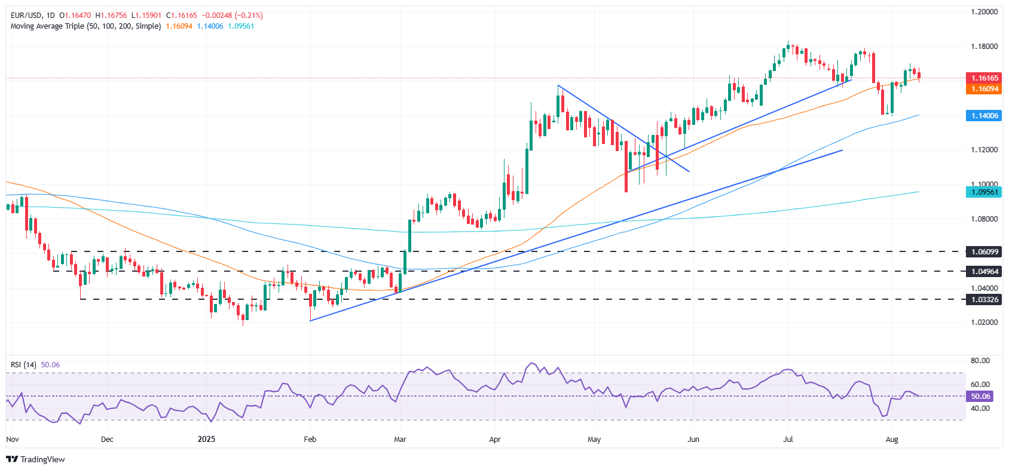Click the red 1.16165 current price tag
(x=984, y=78)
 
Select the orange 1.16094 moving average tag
(x=984, y=89)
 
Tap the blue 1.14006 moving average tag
(x=984, y=116)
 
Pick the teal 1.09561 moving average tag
(x=984, y=192)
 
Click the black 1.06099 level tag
(x=984, y=252)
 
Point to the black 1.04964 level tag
(x=984, y=272)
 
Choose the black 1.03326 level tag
(x=984, y=299)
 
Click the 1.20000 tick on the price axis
(x=984, y=12)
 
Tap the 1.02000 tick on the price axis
(x=984, y=322)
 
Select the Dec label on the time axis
(x=107, y=440)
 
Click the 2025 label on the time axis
(x=206, y=440)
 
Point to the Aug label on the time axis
(x=892, y=440)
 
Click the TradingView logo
(x=35, y=459)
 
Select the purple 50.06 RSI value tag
(x=980, y=397)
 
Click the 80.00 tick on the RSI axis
(x=980, y=361)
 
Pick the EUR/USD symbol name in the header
(x=25, y=16)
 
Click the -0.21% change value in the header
(x=249, y=16)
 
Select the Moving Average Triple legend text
(x=85, y=26)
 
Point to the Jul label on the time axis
(x=788, y=440)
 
